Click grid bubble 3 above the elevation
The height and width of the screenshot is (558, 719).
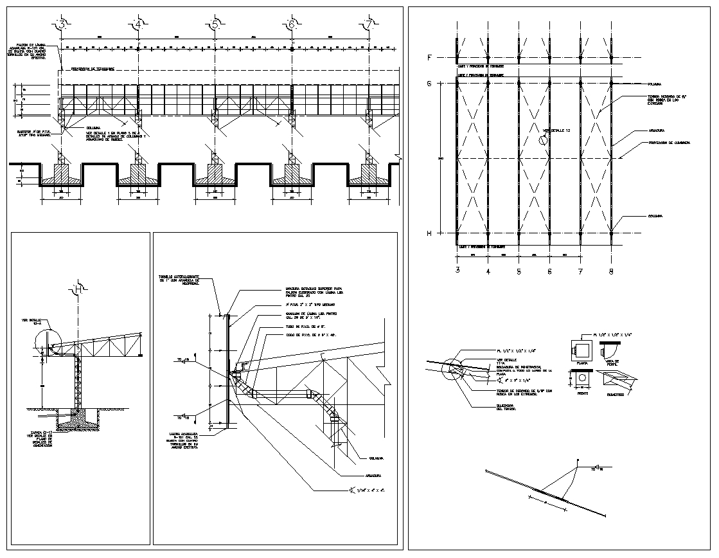[x=62, y=25]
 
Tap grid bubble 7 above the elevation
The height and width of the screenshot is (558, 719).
[x=368, y=25]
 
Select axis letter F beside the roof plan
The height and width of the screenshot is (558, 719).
[x=429, y=58]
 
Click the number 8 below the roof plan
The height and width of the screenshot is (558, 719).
[x=610, y=272]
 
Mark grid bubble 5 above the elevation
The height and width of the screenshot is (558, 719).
[x=215, y=25]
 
